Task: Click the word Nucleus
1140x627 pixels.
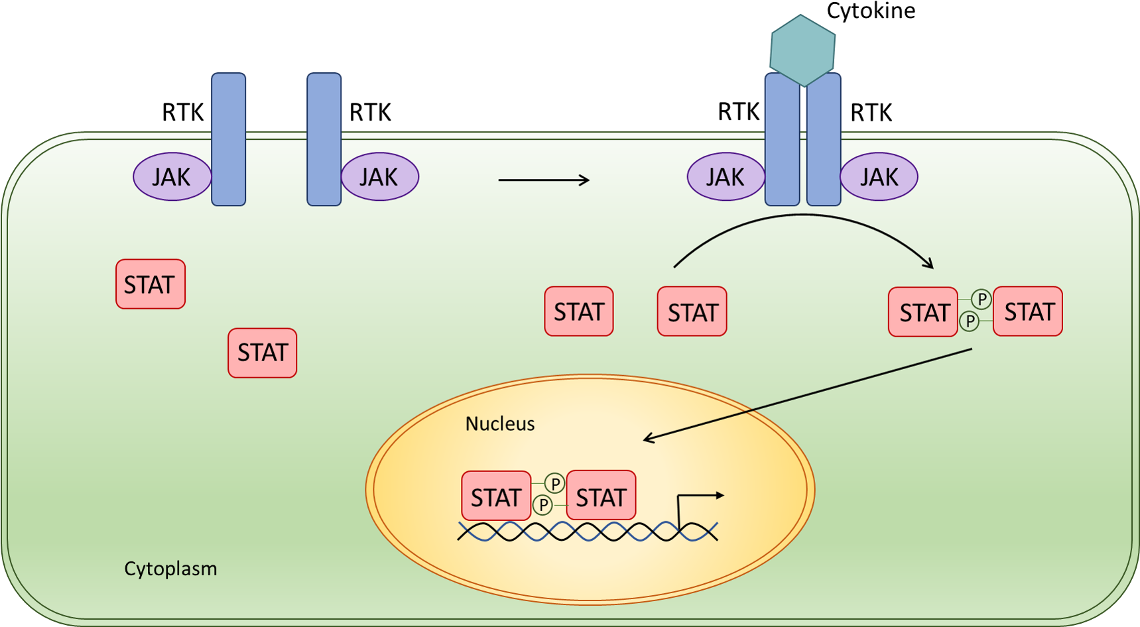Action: point(499,424)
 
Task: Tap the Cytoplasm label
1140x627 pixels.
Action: point(170,569)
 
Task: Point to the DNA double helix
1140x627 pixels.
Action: point(587,531)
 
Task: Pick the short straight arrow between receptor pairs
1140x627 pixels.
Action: point(544,180)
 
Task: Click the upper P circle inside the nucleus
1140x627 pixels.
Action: point(555,484)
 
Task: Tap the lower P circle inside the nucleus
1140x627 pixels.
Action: point(543,506)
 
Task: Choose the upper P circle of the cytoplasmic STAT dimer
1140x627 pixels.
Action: point(982,300)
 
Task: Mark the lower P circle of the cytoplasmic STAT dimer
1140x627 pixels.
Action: point(970,321)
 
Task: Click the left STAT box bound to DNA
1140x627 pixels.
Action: point(496,496)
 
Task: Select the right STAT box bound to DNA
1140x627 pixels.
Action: point(601,496)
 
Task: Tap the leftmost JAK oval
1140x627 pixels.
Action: point(172,177)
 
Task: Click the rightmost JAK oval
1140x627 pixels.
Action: point(879,177)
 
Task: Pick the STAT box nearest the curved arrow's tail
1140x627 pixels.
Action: point(692,312)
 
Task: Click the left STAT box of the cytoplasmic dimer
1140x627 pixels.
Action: point(923,312)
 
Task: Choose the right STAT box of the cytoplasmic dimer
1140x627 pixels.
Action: point(1028,312)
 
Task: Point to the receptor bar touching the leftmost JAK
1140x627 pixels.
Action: point(229,139)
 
